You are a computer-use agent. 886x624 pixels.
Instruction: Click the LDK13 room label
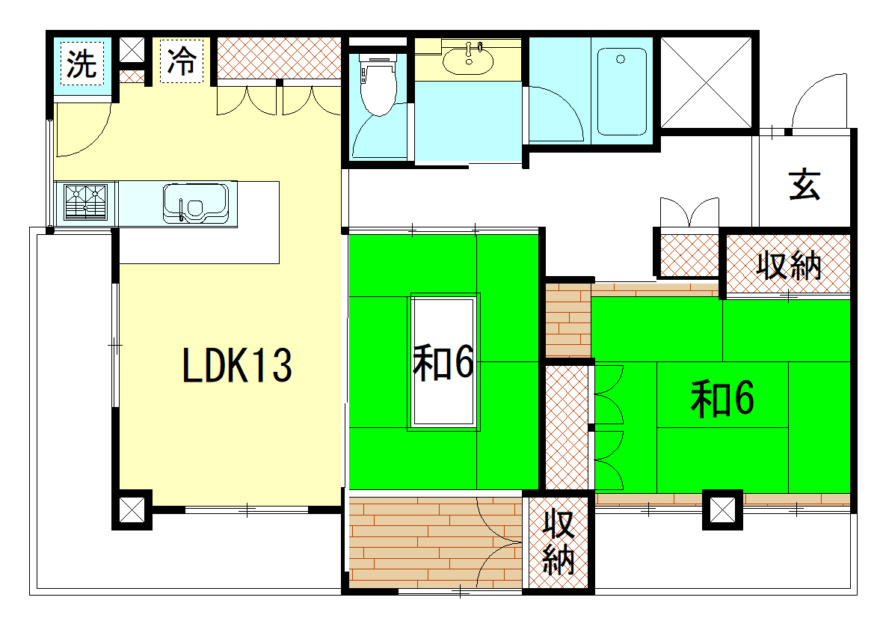point(237,365)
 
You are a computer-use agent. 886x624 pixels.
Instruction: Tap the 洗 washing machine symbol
point(82,64)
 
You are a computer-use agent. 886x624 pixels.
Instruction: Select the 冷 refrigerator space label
point(182,61)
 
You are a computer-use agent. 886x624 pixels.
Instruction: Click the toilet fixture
point(378,83)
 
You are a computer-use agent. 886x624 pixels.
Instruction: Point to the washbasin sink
point(468,61)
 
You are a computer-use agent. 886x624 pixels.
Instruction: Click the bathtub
point(621,91)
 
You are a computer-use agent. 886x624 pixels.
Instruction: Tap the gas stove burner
point(86,202)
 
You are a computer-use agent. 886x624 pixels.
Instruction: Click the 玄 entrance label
point(804,184)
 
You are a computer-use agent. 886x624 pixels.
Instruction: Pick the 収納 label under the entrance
point(789,265)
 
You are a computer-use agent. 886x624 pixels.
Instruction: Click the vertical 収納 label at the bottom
point(559,542)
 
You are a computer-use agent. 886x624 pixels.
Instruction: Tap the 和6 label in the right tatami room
point(722,399)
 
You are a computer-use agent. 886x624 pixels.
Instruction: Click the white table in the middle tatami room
point(444,361)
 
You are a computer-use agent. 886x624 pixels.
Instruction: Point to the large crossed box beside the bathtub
point(707,82)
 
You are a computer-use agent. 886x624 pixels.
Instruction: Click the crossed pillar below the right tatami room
point(722,510)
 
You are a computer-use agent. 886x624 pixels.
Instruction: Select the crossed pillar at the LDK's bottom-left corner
point(132,510)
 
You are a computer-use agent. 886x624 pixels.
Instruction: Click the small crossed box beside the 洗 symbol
point(132,51)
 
